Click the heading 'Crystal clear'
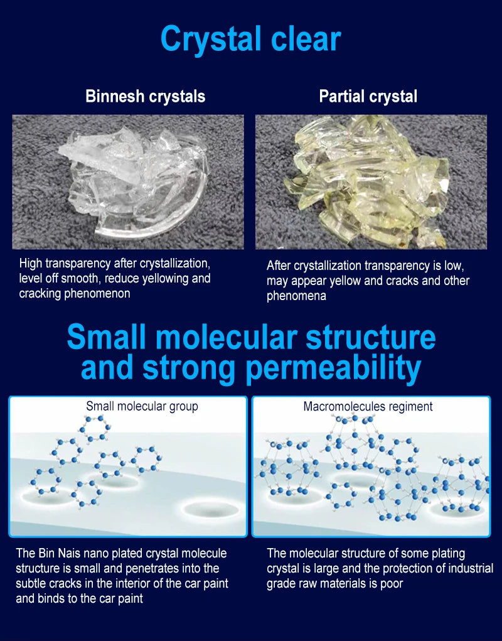pos(250,40)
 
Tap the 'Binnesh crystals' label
pos(146,97)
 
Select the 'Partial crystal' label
pos(368,97)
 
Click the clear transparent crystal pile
pos(133,180)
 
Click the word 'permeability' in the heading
pos(333,367)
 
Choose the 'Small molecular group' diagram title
pos(142,406)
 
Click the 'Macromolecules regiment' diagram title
pos(368,406)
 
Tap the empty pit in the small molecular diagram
pos(210,510)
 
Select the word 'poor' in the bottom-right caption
pos(391,583)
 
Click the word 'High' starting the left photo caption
pos(31,263)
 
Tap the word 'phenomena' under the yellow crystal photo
pos(297,296)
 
